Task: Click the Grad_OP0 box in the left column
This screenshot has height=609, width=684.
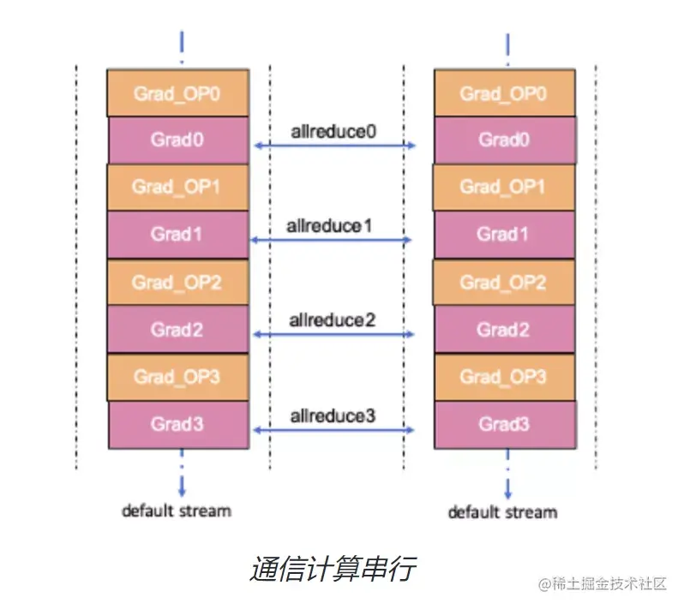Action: (x=177, y=93)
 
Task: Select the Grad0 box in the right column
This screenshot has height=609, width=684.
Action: (x=504, y=139)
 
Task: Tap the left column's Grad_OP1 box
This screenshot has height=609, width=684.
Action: (x=177, y=186)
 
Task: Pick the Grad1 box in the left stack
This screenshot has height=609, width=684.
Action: (x=177, y=233)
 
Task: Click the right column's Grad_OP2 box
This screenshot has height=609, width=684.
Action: (x=503, y=282)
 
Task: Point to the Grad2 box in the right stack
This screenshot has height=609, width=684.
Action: (x=504, y=329)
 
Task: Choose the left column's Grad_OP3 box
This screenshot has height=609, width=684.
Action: (x=177, y=377)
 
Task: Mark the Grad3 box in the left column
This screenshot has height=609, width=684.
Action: (x=178, y=424)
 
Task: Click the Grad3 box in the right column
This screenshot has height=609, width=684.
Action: (x=504, y=424)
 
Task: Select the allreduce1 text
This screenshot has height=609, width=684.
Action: (x=333, y=226)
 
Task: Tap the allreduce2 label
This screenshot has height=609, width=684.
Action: (x=333, y=320)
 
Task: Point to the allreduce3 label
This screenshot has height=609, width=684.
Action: (x=333, y=416)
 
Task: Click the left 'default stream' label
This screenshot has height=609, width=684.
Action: (x=176, y=511)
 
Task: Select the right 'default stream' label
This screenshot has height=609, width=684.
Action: (x=502, y=512)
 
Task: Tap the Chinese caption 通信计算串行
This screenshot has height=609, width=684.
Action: (x=333, y=569)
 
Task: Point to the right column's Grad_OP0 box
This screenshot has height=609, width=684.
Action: (x=504, y=93)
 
